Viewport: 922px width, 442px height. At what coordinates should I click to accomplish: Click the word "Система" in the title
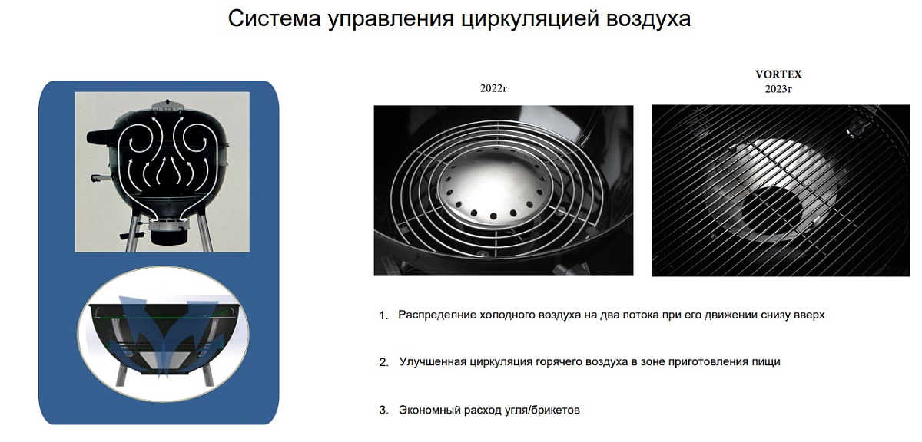274,19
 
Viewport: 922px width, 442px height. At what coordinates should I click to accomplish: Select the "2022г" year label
493,88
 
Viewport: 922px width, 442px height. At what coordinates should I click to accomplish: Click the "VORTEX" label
778,74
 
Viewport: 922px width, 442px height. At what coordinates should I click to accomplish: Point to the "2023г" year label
778,89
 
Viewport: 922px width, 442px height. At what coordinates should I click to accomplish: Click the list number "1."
383,315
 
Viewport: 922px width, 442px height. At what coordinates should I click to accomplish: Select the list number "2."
383,362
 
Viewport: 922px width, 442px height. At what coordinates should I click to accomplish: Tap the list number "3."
383,410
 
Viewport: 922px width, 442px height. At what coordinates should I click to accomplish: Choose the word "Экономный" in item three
429,410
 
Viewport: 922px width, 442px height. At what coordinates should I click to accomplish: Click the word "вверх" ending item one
808,315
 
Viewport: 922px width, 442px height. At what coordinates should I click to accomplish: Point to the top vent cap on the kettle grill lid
167,105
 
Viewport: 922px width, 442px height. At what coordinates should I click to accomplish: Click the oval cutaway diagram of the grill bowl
164,334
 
